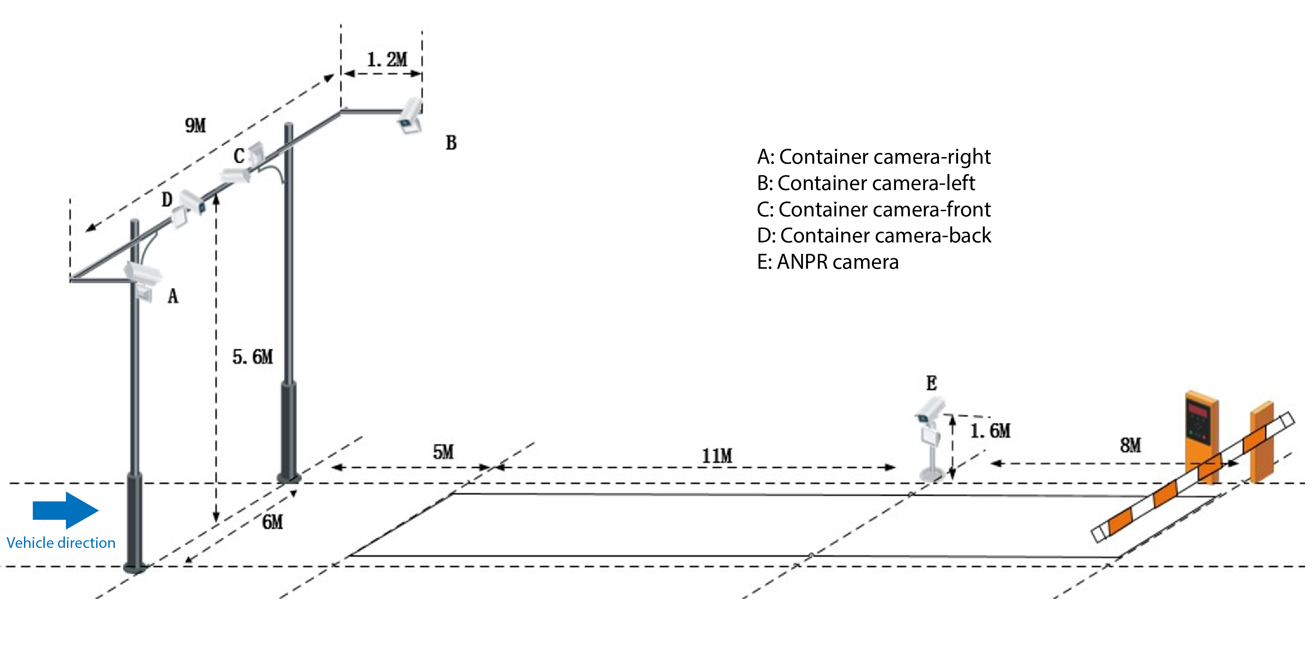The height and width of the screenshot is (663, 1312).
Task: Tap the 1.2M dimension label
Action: [387, 60]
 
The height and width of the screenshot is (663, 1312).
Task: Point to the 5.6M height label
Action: [253, 357]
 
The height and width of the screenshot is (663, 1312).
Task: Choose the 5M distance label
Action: [443, 452]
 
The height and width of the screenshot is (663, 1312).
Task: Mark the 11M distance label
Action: [717, 455]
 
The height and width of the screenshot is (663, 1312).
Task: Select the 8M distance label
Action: [1130, 445]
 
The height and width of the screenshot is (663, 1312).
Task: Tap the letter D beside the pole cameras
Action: [167, 199]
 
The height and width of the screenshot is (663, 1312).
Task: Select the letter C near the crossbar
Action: [239, 156]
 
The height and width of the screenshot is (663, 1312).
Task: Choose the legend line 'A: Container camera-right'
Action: [873, 157]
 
